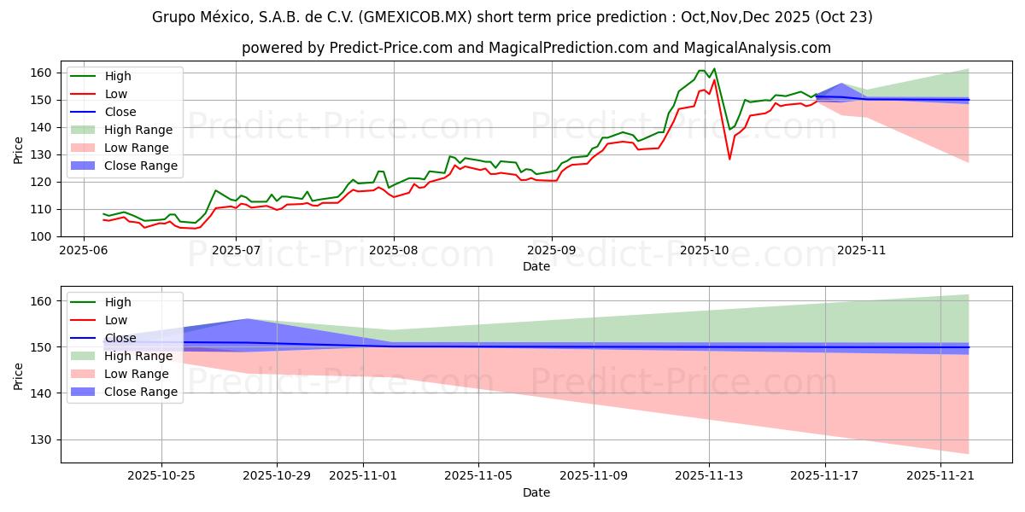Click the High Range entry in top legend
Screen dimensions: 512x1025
pos(139,130)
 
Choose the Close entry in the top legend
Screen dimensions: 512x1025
pos(120,112)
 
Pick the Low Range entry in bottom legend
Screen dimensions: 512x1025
pos(138,374)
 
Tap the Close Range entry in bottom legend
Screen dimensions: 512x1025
pos(141,392)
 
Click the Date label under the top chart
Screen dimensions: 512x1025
pos(536,267)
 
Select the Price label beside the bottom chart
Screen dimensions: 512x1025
pos(19,375)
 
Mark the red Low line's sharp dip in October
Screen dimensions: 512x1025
pos(729,159)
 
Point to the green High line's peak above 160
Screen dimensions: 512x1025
pos(714,69)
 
